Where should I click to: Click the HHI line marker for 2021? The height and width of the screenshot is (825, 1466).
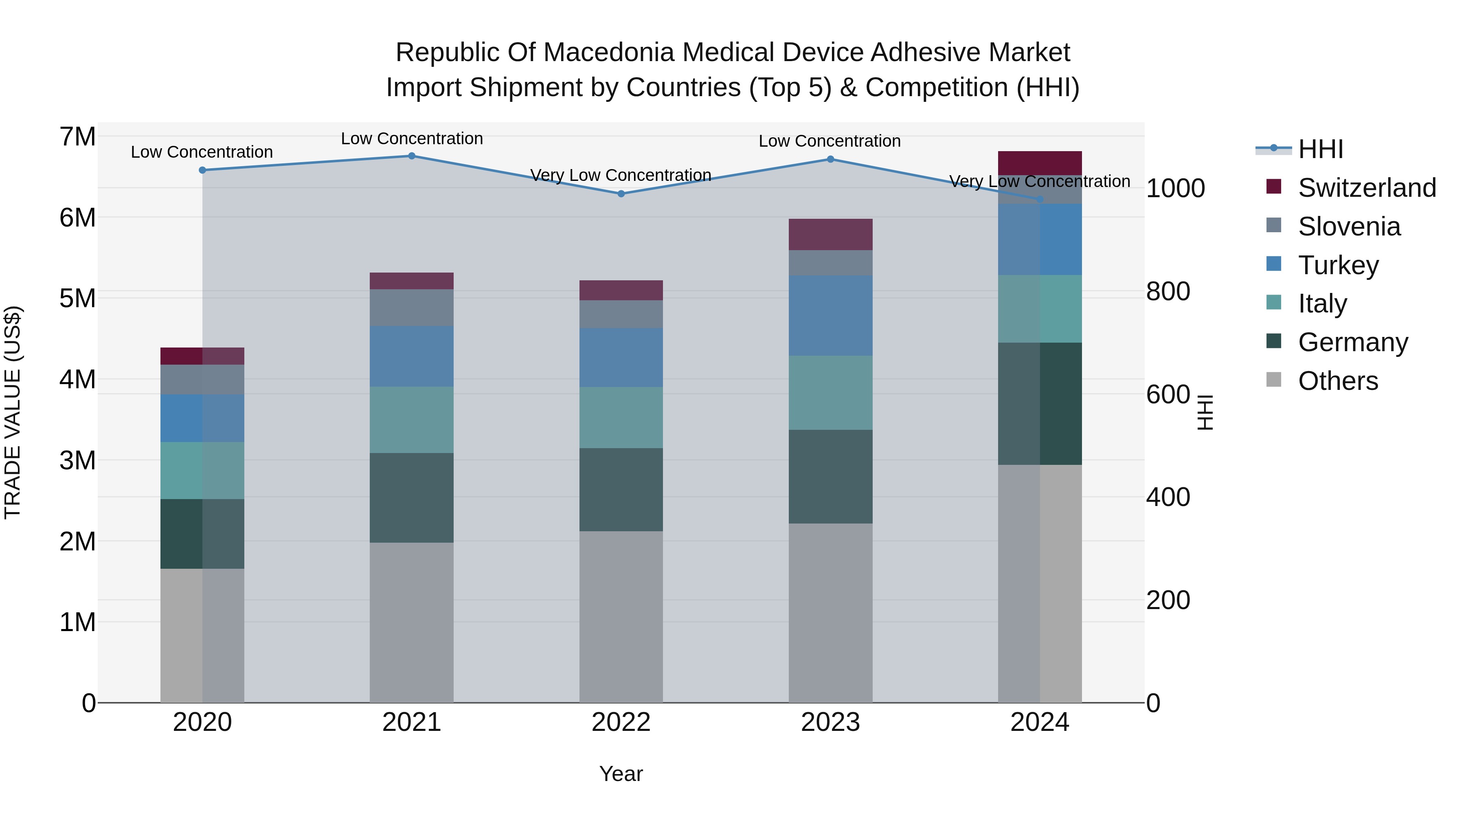pyautogui.click(x=411, y=156)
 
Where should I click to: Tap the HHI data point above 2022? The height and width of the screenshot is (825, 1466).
pyautogui.click(x=621, y=194)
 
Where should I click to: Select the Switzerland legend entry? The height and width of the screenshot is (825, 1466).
pyautogui.click(x=1366, y=188)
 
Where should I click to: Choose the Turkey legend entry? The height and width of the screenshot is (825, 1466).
pyautogui.click(x=1337, y=265)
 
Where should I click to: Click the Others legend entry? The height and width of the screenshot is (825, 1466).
pyautogui.click(x=1337, y=381)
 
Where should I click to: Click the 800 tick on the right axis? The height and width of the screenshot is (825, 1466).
pyautogui.click(x=1168, y=292)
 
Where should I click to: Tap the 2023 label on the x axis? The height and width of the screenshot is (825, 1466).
pyautogui.click(x=830, y=722)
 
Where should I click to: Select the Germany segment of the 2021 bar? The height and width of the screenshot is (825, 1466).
pyautogui.click(x=411, y=497)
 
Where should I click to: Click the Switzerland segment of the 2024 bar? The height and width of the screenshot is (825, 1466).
pyautogui.click(x=1040, y=163)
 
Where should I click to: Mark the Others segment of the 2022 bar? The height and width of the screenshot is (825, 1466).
pyautogui.click(x=621, y=617)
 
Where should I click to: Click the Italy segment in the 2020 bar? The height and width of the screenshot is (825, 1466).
pyautogui.click(x=202, y=470)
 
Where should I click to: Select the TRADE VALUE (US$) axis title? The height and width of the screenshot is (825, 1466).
pyautogui.click(x=13, y=412)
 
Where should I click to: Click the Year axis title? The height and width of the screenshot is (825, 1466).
pyautogui.click(x=621, y=774)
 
